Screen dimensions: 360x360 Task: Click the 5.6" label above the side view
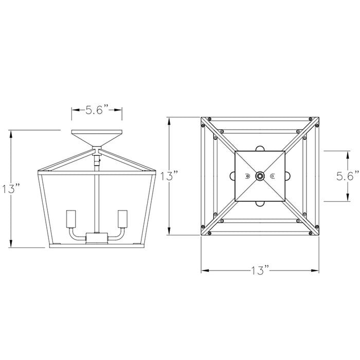tap(96, 110)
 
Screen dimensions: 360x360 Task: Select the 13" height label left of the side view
tap(11, 189)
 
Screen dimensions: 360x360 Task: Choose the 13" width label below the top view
tap(261, 270)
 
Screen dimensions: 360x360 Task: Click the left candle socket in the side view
tap(70, 220)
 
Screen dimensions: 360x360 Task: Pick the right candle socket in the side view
tap(122, 220)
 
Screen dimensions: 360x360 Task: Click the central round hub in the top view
tap(260, 176)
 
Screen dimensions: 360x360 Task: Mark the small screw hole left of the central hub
tap(247, 176)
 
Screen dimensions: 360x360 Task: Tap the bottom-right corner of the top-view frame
tap(320, 235)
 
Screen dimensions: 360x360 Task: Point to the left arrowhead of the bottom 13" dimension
tap(203, 270)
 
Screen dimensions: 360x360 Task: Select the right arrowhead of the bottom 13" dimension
tap(318, 270)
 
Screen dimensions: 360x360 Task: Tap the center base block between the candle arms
tap(96, 238)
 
